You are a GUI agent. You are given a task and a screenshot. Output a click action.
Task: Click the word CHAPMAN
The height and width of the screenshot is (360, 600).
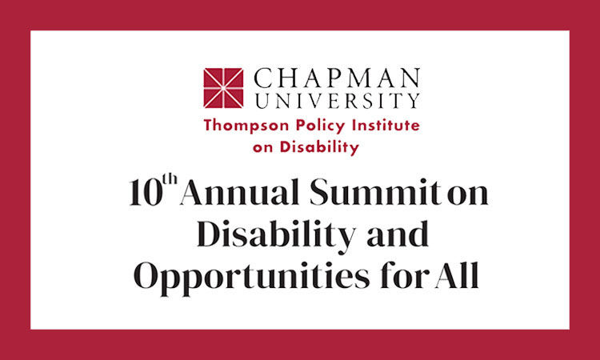click(x=335, y=78)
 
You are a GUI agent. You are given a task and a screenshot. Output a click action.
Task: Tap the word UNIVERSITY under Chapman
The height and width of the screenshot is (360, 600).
click(x=335, y=101)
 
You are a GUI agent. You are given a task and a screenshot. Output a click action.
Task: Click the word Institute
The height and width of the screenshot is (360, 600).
click(x=381, y=126)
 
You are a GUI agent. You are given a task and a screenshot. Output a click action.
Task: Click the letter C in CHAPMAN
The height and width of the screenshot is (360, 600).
click(x=262, y=78)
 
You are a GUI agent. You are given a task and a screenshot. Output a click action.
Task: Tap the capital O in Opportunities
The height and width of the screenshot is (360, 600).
click(x=150, y=277)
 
